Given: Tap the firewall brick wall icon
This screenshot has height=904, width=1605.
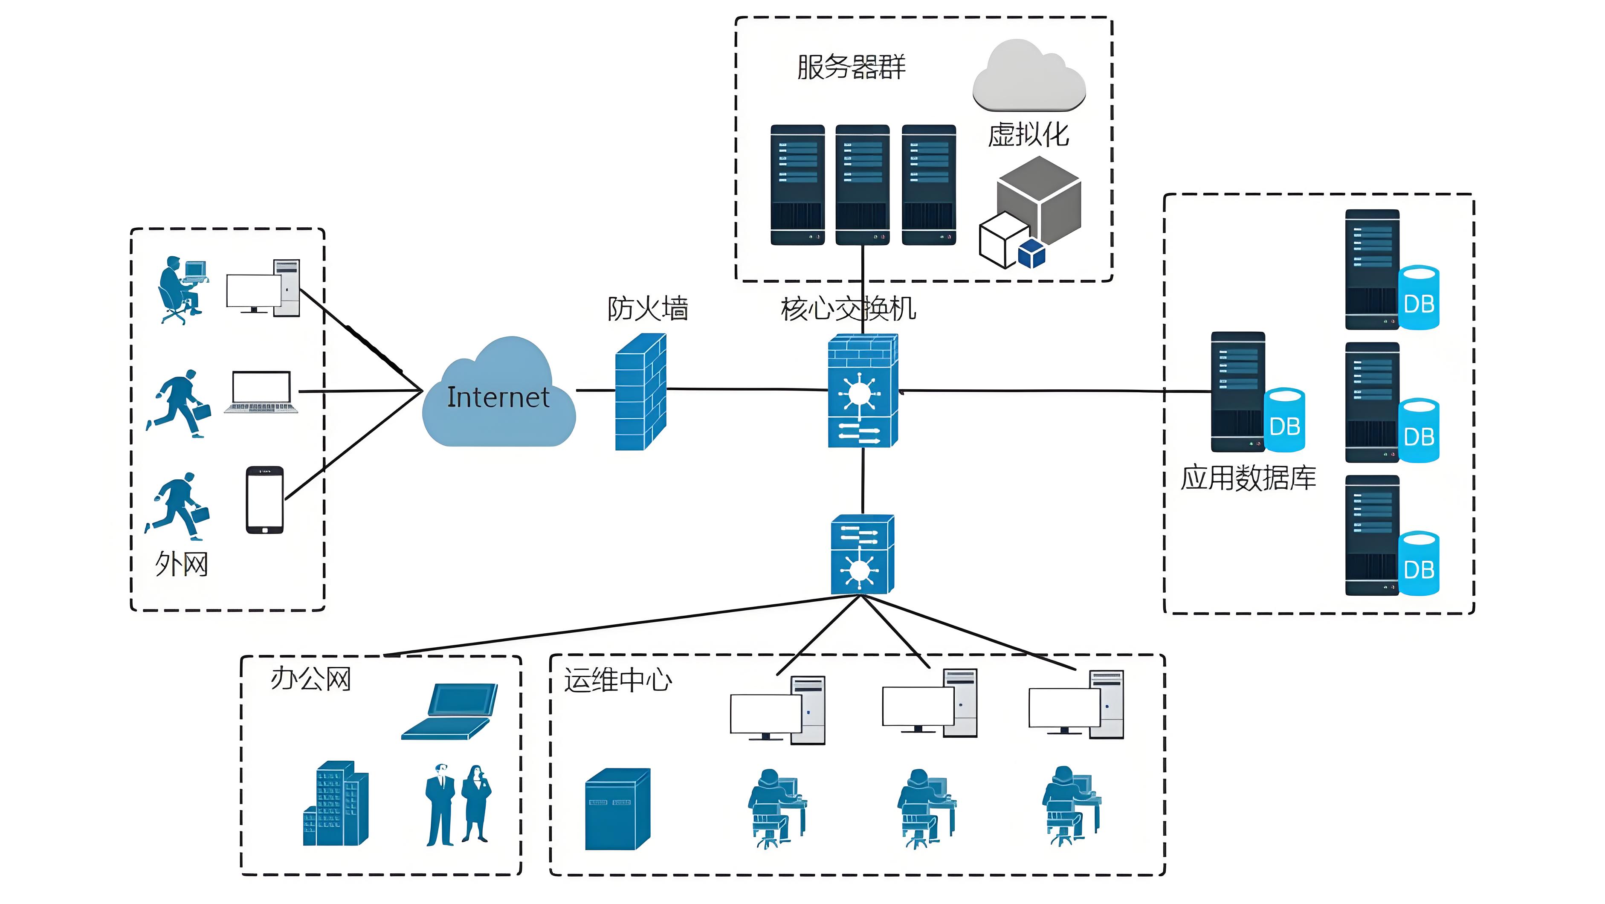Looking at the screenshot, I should [x=640, y=392].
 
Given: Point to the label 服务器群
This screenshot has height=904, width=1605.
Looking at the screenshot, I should [x=851, y=67].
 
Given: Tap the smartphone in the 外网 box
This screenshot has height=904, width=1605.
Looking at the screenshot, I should [x=265, y=500].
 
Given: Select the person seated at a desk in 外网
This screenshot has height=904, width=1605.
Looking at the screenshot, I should [x=181, y=290].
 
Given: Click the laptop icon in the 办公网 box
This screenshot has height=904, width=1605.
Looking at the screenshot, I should [x=450, y=712].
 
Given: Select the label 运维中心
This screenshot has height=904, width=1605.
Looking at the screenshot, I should [x=617, y=680].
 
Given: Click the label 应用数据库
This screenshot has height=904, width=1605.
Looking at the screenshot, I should [x=1248, y=478].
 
